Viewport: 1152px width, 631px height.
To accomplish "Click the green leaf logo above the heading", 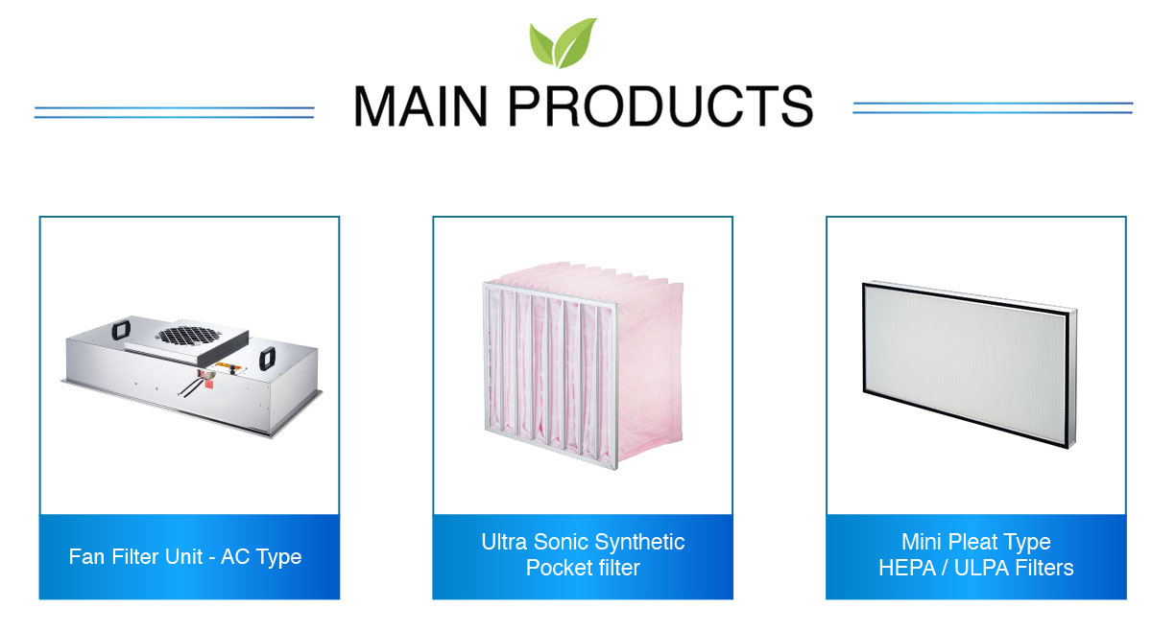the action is pos(563,43).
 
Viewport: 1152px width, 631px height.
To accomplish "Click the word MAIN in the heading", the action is pos(420,105).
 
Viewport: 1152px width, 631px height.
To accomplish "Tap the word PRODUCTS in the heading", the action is pos(660,105).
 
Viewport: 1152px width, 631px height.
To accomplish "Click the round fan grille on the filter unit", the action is pos(189,336).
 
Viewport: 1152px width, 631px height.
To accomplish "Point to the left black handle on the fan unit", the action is pos(121,329).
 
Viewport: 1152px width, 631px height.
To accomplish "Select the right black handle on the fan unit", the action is pos(267,359).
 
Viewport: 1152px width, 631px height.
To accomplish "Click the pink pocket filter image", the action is pos(584,364).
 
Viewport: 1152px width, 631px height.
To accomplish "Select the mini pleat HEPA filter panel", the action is pos(970,364).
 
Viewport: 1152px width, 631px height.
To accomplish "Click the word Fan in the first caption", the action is pos(86,556).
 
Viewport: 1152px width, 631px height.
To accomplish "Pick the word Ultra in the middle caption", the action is pos(504,542).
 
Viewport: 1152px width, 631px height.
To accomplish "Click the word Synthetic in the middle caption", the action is pos(639,543).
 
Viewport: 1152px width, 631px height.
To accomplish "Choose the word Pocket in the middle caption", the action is pos(555,569).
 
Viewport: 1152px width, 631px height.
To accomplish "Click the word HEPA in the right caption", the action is pos(907,569).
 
